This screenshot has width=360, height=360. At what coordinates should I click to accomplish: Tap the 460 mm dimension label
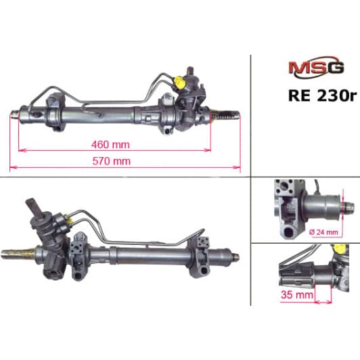110,145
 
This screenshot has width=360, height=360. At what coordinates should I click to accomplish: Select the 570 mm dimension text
110,160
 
